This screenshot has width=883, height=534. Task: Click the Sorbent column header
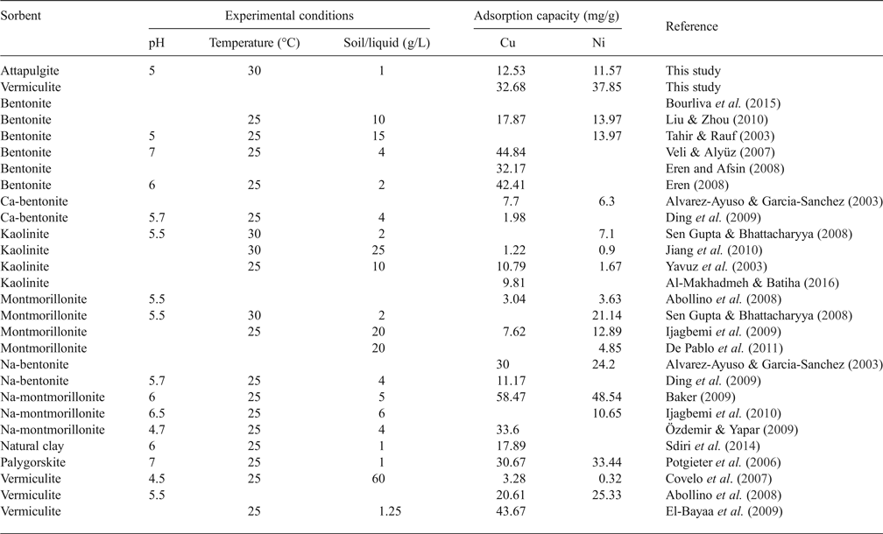21,17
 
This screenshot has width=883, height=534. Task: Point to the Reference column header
691,27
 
